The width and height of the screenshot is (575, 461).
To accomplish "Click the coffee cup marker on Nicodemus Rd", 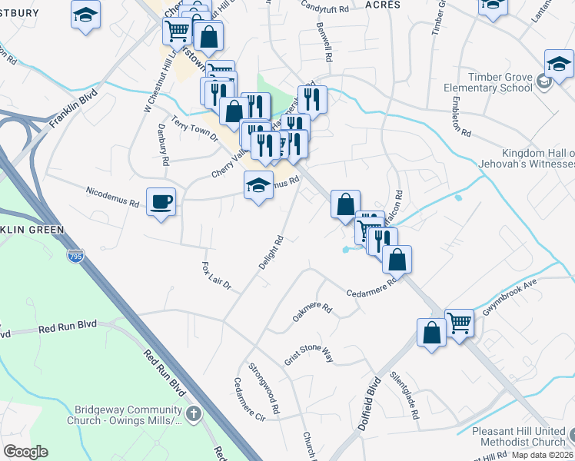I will pyautogui.click(x=160, y=201).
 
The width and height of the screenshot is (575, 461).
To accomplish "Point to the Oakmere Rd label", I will pyautogui.click(x=311, y=313).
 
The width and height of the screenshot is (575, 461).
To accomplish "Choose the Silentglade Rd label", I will pyautogui.click(x=404, y=396).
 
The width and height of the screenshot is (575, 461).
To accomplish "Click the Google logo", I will pyautogui.click(x=25, y=451).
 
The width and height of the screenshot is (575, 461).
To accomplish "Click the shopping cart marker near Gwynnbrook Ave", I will pyautogui.click(x=459, y=323).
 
